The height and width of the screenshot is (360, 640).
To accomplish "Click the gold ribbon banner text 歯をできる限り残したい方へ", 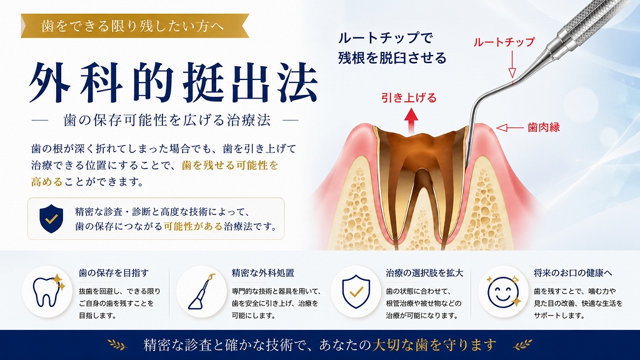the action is pos(132,26).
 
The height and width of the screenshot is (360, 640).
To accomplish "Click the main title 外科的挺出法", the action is pos(174,83).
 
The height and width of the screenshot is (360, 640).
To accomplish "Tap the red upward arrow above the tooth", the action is pos(411,121).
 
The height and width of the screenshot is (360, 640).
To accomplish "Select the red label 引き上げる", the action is pos(409,97).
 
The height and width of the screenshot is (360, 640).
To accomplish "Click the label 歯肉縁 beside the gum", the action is pos(543,127).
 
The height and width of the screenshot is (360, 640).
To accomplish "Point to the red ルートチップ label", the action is pos(504,42).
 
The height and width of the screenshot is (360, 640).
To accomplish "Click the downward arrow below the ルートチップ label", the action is pos(512,64).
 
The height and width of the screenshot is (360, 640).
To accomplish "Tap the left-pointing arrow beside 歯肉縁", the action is pos(510,127).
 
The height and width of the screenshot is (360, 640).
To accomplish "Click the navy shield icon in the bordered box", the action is pos(51,219).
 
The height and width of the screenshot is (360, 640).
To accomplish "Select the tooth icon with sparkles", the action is pos(48,291).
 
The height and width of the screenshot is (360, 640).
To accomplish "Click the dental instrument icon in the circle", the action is pos(201,291).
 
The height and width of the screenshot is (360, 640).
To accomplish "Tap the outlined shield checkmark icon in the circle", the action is pos(356,291).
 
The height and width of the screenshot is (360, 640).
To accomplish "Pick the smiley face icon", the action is pos(504,291).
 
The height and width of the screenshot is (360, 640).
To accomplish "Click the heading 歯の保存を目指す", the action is pos(114,272).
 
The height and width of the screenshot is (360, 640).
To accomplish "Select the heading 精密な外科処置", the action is pos(263,272).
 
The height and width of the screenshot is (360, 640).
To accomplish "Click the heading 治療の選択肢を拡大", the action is pos(424,272).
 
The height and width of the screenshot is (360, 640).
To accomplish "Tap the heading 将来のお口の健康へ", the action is pos(573,272).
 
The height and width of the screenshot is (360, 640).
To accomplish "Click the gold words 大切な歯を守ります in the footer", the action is pos(434,345).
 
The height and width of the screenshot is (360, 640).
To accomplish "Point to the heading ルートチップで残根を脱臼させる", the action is pos(392,47).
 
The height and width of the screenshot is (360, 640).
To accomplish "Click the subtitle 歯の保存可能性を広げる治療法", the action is pos(167,120).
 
